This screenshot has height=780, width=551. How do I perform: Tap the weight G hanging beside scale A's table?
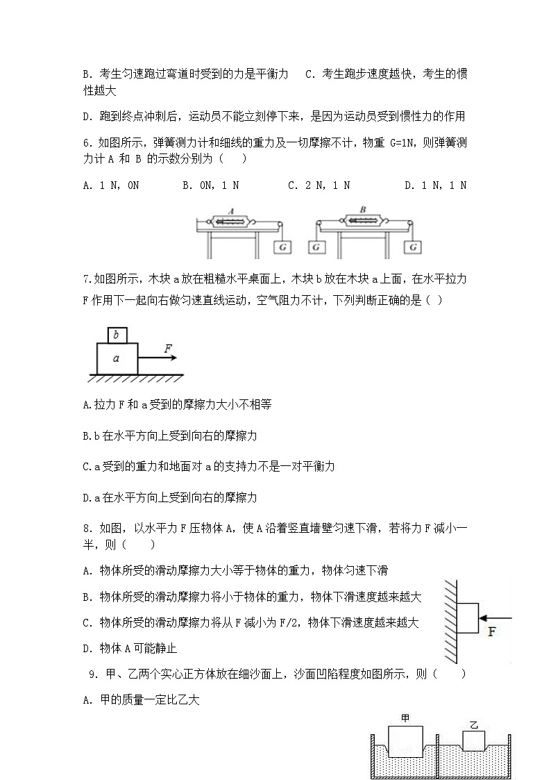click(x=283, y=247)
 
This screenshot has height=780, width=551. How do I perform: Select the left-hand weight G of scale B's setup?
click(x=316, y=247)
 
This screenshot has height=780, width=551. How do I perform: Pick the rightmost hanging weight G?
click(x=414, y=247)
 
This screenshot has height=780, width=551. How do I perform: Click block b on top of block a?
click(x=117, y=335)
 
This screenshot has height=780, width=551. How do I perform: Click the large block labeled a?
click(x=116, y=358)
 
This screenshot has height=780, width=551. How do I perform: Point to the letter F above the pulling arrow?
click(x=168, y=348)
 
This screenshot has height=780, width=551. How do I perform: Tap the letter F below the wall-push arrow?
click(x=491, y=632)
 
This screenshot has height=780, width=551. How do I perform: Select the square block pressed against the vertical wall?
click(x=467, y=617)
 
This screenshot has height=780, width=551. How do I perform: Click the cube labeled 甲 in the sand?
click(x=406, y=742)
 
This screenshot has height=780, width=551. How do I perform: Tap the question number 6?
click(x=86, y=143)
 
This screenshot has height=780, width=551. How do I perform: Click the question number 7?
click(x=86, y=279)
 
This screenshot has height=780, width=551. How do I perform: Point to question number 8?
click(x=86, y=529)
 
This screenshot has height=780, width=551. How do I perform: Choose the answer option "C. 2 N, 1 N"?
click(x=319, y=185)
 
